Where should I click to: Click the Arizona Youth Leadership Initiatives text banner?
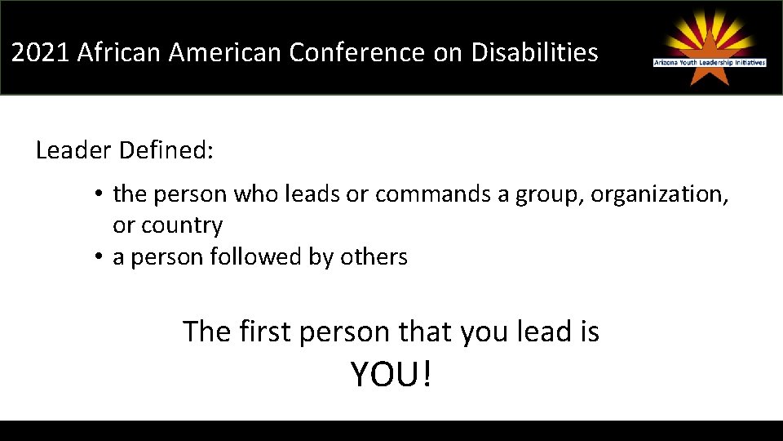click(710, 62)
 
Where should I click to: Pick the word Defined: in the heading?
click(166, 150)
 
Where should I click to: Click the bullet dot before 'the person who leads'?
click(96, 195)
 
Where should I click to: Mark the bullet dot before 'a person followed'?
click(96, 257)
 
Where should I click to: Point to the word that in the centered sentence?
click(427, 332)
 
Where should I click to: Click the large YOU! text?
click(391, 375)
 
